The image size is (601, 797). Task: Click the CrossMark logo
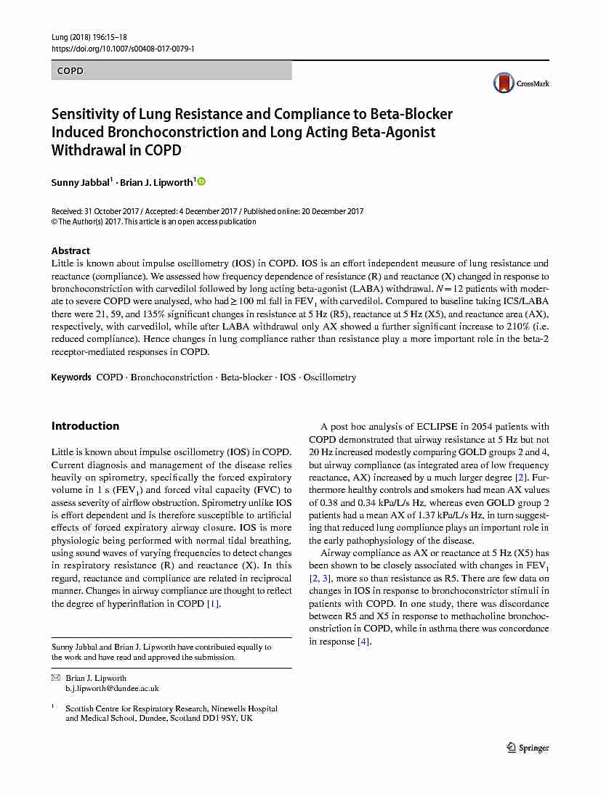(521, 83)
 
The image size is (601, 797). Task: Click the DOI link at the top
(122, 49)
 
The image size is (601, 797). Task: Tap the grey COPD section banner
(172, 70)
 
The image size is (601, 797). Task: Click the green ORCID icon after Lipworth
(201, 181)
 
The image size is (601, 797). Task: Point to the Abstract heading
(70, 250)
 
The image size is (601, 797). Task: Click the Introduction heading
(85, 426)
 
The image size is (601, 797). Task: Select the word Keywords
(71, 377)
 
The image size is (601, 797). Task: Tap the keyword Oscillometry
(330, 377)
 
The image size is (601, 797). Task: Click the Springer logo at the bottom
(528, 748)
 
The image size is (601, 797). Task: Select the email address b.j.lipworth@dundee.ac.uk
(112, 688)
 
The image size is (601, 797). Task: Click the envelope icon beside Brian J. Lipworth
(55, 678)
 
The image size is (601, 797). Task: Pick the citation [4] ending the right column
(364, 642)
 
